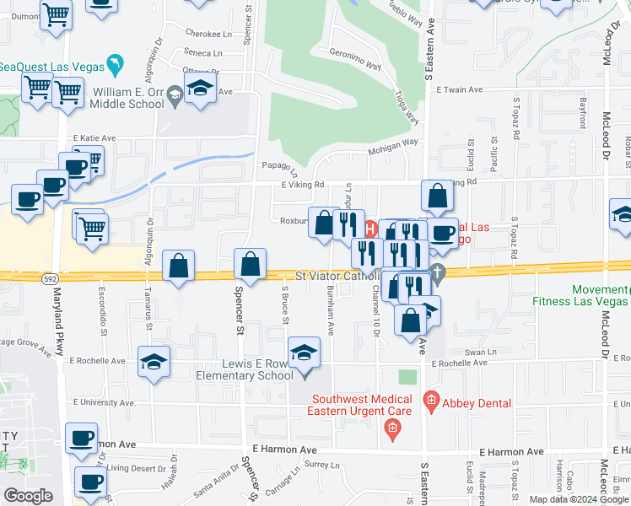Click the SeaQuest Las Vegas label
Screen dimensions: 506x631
(x=50, y=67)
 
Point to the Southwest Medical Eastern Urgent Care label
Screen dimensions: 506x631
(x=362, y=405)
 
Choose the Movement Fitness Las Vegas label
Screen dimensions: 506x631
(x=580, y=294)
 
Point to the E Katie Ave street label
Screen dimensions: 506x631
(x=94, y=137)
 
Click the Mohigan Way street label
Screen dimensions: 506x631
(x=392, y=144)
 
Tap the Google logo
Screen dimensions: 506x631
(x=28, y=495)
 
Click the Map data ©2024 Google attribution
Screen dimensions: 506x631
(x=579, y=499)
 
